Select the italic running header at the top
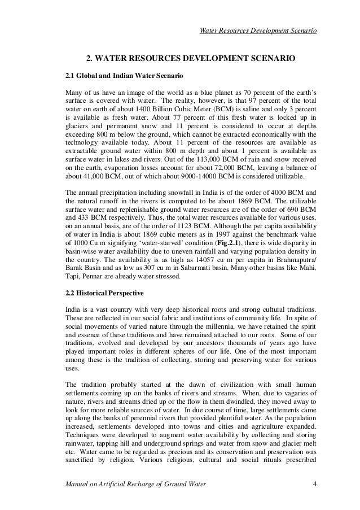click(258, 29)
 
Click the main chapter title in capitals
click(190, 58)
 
